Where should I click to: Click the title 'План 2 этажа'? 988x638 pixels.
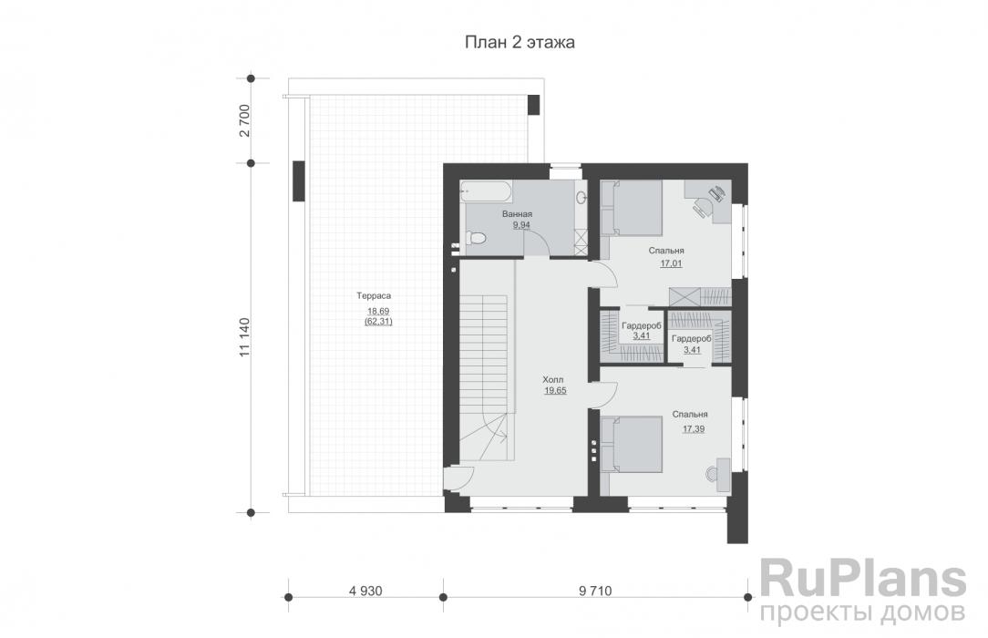point(520,42)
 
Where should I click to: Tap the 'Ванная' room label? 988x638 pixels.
point(517,214)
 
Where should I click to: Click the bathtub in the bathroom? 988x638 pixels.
point(486,190)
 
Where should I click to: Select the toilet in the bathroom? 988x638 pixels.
point(477,238)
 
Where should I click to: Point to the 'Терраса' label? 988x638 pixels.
point(374,295)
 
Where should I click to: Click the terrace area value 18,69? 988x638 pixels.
point(378,311)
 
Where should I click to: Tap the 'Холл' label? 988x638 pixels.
point(552,380)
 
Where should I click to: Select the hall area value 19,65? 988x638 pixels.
point(555,390)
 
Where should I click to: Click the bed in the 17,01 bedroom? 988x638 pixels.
point(631,208)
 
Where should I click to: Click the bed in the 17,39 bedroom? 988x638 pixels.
point(631,444)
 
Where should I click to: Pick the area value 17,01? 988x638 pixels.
point(671,264)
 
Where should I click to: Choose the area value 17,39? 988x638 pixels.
point(693,429)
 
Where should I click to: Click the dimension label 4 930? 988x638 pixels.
point(365,591)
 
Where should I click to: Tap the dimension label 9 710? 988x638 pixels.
point(595,591)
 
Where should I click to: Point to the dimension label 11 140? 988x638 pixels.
point(245,337)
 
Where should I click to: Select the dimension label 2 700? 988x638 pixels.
point(245,120)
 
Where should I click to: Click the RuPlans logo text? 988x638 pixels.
point(862,580)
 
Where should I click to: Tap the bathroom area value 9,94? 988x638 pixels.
point(521,225)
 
